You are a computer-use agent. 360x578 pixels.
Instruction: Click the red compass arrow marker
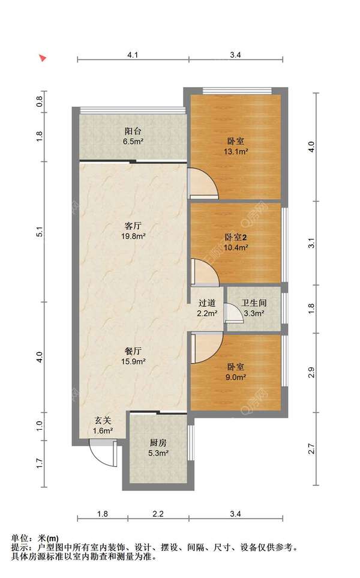[x=43, y=58]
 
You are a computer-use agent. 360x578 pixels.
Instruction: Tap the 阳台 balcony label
[x=133, y=131]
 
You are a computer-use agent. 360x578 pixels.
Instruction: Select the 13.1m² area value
[x=235, y=151]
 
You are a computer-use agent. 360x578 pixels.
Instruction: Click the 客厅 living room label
[x=133, y=225]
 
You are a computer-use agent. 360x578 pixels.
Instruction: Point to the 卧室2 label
[x=235, y=237]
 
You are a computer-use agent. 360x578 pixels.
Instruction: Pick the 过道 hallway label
[x=207, y=303]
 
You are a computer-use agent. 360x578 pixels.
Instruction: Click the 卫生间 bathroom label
[x=254, y=303]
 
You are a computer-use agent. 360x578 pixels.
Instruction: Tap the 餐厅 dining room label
[x=133, y=351]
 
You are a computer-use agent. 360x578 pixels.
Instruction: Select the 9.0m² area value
[x=235, y=377]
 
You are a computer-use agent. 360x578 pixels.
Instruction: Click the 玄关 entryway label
[x=103, y=420]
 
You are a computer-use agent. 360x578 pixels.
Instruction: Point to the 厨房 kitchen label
[x=158, y=443]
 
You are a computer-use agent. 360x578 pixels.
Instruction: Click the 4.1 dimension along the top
[x=133, y=55]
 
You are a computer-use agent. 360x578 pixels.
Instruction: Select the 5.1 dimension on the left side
[x=40, y=232]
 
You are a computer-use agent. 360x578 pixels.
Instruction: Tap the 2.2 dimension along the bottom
[x=158, y=514]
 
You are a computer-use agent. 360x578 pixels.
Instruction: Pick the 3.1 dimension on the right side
[x=312, y=243]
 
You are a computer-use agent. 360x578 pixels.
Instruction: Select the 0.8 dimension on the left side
[x=40, y=101]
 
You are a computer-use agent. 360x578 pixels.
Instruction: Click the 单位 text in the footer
[x=20, y=538]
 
